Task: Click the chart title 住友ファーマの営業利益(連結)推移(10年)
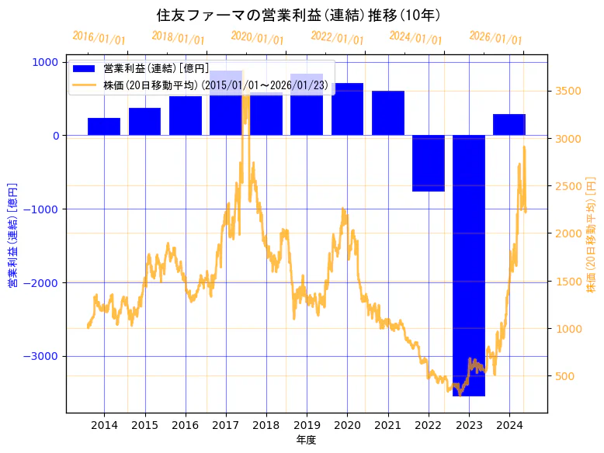point(299,16)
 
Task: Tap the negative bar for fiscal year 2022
point(429,163)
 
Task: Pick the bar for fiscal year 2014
point(104,126)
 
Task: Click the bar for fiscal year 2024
point(509,125)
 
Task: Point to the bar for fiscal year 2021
point(388,113)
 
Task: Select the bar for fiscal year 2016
point(186,116)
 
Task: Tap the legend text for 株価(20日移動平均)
point(215,85)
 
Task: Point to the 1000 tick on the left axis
point(48,62)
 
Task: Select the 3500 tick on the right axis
point(568,91)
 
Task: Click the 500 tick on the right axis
point(565,376)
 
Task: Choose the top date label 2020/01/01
point(258,38)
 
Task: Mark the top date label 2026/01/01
point(496,38)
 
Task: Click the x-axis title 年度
point(307,440)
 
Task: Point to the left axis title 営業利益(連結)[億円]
point(12,236)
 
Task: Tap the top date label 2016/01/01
point(99,38)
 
